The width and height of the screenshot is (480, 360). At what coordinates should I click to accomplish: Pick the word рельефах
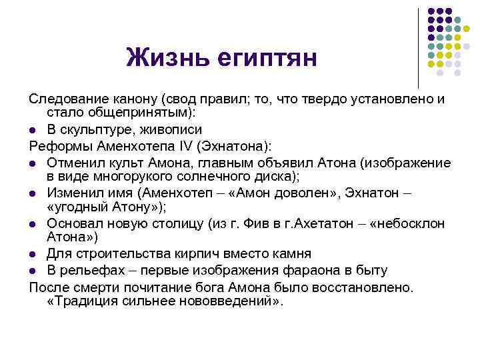pyautogui.click(x=88, y=270)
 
